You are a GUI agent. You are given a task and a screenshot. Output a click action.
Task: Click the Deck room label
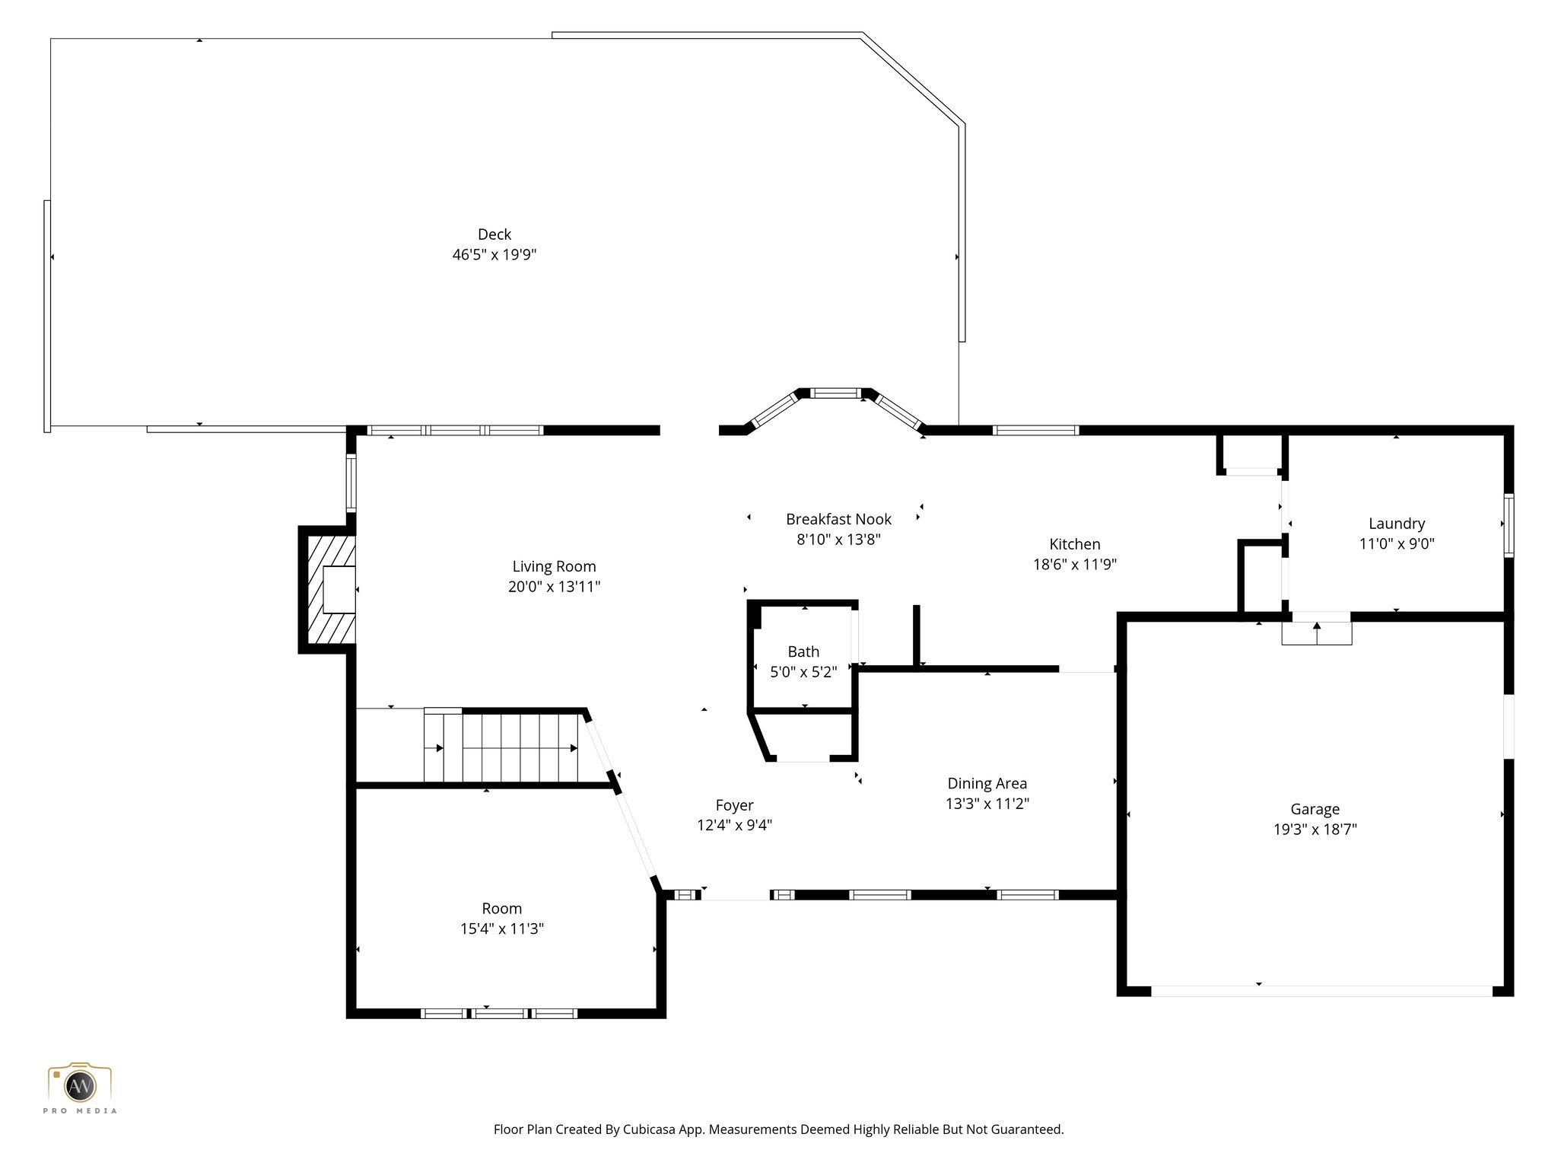494,234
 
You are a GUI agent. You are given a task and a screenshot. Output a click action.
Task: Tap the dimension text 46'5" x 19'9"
494,255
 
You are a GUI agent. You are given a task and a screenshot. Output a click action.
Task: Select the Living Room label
554,566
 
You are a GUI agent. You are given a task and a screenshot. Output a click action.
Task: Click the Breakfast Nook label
838,519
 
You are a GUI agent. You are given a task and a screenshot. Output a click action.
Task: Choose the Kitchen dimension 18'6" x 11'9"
1074,565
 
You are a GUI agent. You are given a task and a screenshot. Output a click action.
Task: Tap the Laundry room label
1396,524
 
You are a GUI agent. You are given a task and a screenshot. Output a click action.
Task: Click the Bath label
803,651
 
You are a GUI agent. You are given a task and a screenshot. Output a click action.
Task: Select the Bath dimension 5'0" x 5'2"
803,672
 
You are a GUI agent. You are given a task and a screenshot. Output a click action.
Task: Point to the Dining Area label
987,783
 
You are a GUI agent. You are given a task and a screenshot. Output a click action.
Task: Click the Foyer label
734,805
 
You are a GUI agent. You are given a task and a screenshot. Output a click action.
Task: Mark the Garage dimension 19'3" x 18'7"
1315,830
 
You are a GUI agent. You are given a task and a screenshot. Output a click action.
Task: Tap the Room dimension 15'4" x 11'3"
501,929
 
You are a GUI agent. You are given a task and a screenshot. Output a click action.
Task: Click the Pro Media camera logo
79,1085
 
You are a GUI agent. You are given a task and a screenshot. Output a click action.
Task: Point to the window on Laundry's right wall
1509,525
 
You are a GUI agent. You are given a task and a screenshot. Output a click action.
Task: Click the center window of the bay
835,393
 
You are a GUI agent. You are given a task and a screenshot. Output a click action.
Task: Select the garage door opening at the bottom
1321,991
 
